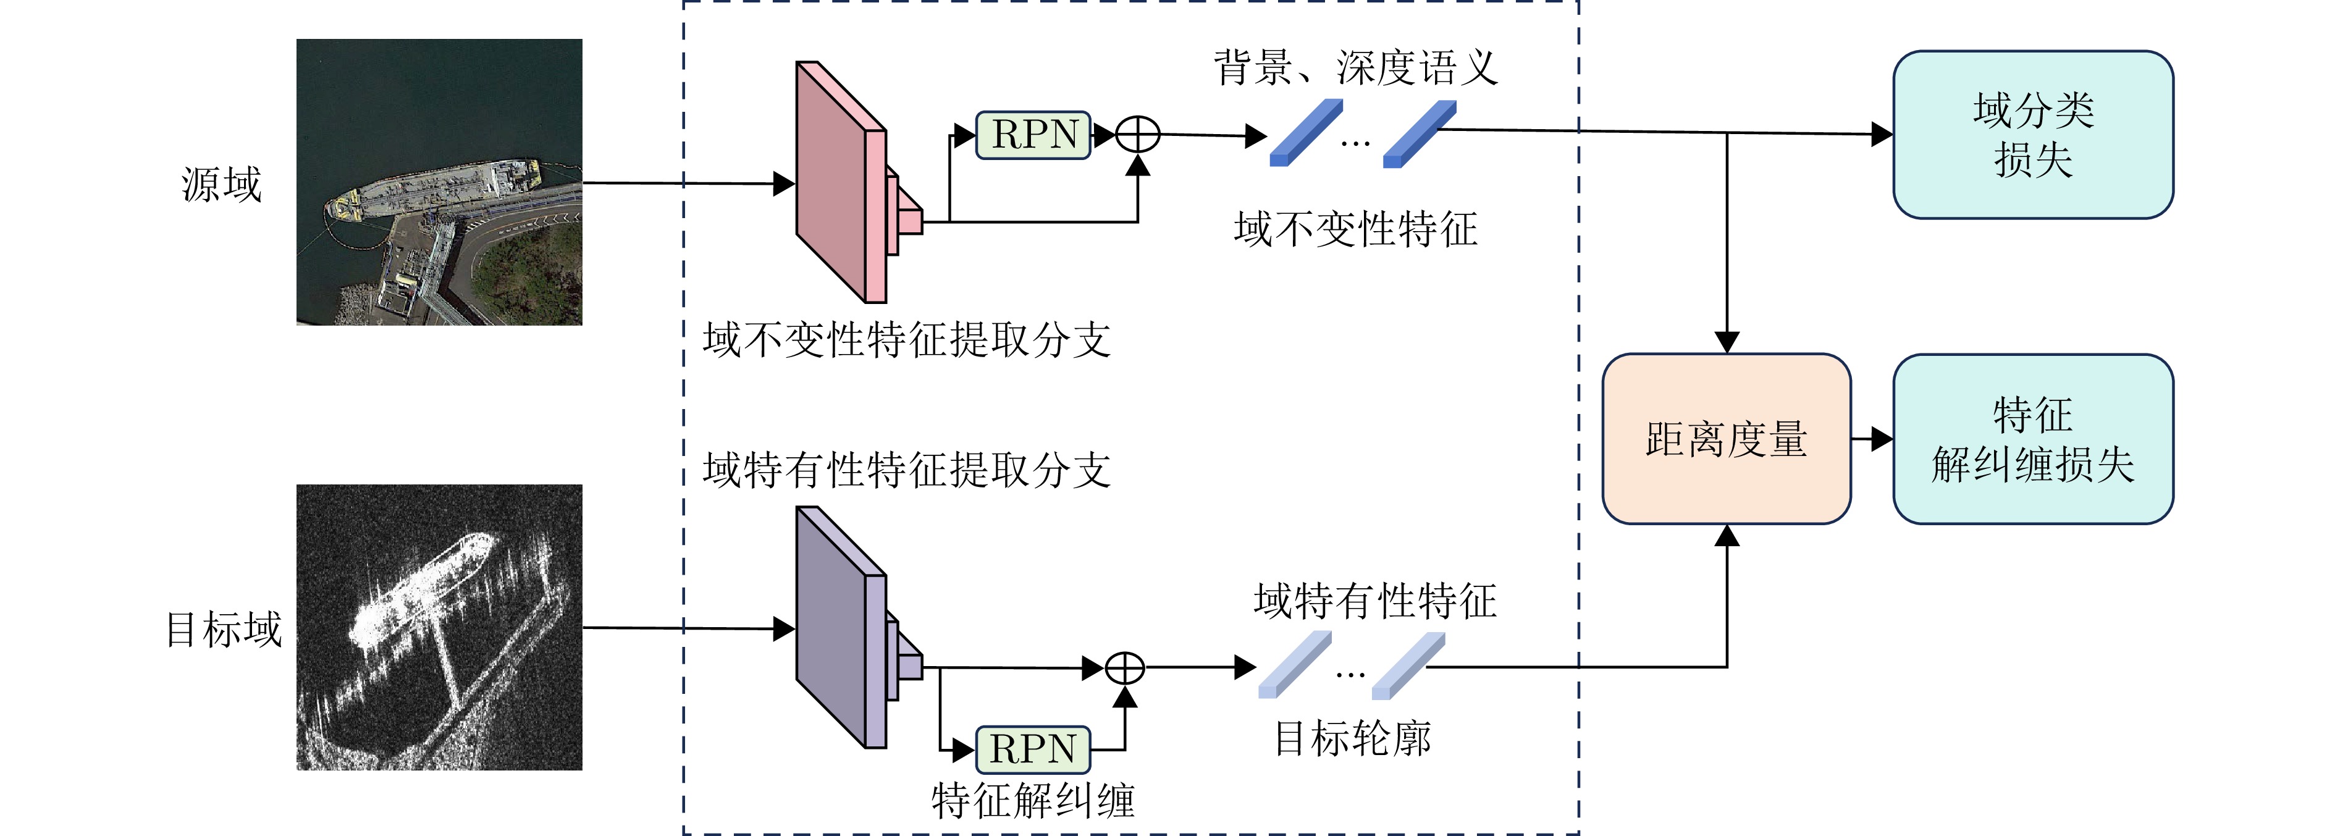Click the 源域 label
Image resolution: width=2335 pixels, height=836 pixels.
221,185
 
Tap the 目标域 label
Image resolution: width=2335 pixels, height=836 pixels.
223,629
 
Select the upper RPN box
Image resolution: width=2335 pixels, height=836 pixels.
1033,135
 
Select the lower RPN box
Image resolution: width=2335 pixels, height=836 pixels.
1033,749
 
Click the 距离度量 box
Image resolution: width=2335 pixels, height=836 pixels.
1726,439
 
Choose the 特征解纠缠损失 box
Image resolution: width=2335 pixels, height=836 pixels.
2032,439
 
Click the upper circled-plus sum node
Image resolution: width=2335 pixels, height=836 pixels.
1138,135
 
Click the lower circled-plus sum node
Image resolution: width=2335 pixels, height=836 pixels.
1125,669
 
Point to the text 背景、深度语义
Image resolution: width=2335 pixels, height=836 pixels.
1355,68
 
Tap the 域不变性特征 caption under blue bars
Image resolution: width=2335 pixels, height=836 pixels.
1355,229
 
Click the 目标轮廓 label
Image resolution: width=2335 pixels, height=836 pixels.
1352,739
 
